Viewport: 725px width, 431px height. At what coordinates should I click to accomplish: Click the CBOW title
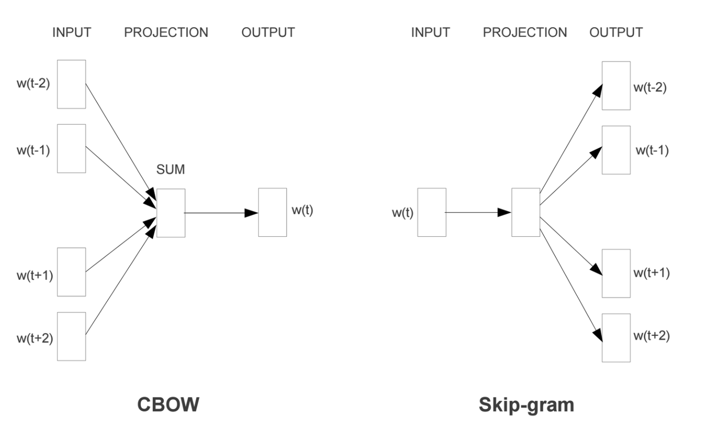[x=168, y=404]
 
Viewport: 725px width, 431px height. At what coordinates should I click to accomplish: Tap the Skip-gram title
[x=526, y=404]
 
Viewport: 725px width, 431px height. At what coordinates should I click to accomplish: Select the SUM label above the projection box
[x=171, y=169]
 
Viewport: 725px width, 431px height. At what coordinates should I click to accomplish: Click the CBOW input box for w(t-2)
[x=71, y=84]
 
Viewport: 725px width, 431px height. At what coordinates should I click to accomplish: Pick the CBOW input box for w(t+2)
[x=71, y=336]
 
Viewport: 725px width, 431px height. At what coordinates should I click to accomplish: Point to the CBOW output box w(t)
[x=272, y=212]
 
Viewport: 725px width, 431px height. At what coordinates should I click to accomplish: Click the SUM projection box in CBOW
[x=171, y=213]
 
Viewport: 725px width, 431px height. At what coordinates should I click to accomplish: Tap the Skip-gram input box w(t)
[x=432, y=212]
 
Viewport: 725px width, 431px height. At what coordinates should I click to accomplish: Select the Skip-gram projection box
[x=525, y=212]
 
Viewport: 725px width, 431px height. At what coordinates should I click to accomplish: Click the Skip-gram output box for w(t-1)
[x=616, y=150]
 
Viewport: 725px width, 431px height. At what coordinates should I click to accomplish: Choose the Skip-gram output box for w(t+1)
[x=616, y=273]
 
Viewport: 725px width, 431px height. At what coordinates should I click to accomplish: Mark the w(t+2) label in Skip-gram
[x=651, y=335]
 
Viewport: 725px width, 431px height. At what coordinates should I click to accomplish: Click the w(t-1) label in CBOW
[x=33, y=150]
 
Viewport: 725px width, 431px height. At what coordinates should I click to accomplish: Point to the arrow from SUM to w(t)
[x=221, y=213]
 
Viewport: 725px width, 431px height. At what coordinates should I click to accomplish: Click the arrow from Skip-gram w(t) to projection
[x=478, y=212]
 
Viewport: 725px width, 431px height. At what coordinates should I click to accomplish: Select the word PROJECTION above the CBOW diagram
[x=166, y=33]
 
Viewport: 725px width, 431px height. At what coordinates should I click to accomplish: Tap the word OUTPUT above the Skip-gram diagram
[x=616, y=33]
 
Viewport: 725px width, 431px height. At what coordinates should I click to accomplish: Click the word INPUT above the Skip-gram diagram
[x=430, y=33]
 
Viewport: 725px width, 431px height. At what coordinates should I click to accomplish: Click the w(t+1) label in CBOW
[x=35, y=275]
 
